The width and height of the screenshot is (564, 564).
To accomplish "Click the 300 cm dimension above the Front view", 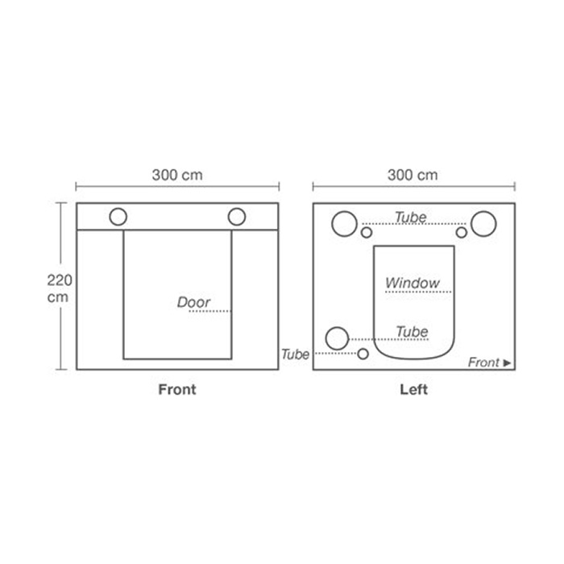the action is (x=177, y=175).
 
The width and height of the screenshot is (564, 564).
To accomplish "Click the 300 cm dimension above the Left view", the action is (x=413, y=175).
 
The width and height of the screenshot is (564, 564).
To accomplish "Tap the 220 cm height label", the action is (x=60, y=288).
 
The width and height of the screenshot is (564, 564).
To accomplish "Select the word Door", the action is (x=193, y=302).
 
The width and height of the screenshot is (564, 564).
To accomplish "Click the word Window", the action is (x=413, y=283).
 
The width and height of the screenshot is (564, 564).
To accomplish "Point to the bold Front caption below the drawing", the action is (x=177, y=389).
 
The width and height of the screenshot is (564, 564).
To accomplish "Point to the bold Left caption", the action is (x=413, y=389).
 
